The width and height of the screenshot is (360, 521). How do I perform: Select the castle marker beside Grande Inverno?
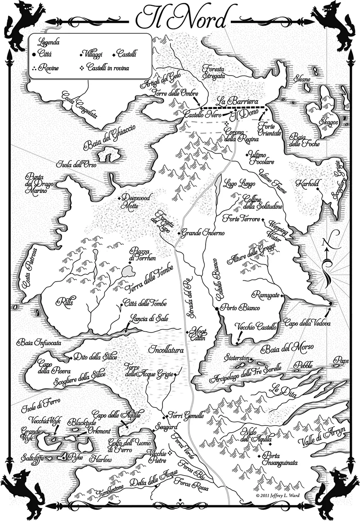[x=179, y=234]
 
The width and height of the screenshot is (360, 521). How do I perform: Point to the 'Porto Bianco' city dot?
[x=217, y=309]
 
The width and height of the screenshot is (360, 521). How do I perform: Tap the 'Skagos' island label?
[x=324, y=123]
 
